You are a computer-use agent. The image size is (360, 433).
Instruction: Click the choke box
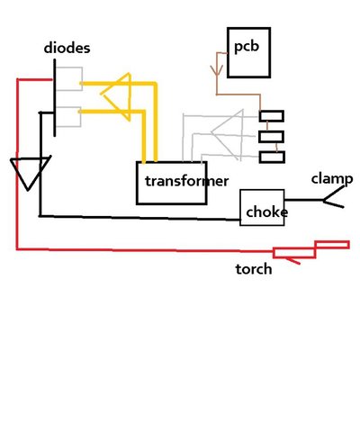(262, 209)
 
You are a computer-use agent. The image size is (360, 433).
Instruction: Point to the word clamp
(332, 178)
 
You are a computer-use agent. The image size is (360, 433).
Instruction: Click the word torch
(253, 269)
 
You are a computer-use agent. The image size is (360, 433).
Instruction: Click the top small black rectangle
(271, 116)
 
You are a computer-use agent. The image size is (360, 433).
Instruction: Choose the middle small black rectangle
(271, 137)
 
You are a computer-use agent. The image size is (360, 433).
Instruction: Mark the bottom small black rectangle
(271, 158)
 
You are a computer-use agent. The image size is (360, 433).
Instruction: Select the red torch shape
(310, 251)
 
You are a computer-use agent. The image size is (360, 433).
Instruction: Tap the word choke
(266, 213)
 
